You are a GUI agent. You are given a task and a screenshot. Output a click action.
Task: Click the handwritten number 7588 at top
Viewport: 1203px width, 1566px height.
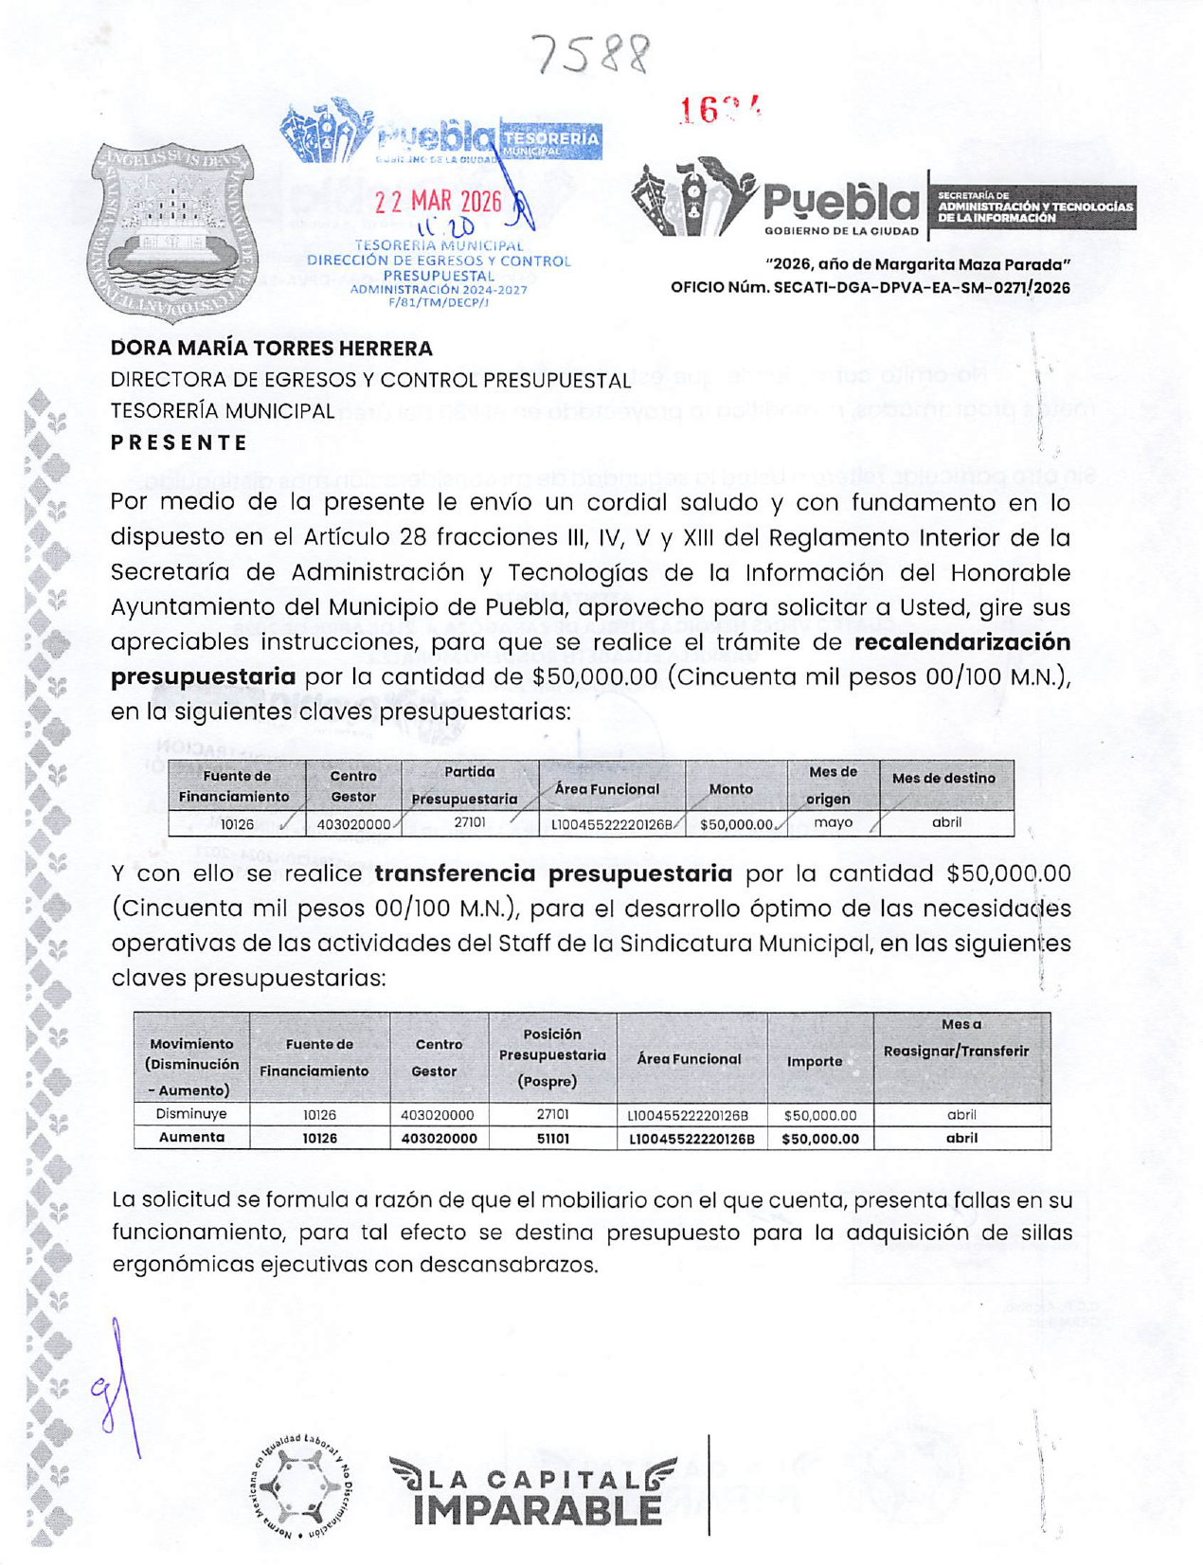591,54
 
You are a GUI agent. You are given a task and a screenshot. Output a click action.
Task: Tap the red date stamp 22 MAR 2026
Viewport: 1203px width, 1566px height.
438,202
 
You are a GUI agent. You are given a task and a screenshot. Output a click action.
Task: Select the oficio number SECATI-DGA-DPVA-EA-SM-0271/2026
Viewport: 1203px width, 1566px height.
870,288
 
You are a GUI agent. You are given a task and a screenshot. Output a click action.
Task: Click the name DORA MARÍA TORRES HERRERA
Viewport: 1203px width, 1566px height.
271,349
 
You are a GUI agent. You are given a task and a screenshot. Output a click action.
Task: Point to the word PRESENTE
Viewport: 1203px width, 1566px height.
179,442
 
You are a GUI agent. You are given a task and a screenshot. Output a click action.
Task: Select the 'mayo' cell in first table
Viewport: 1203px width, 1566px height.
833,822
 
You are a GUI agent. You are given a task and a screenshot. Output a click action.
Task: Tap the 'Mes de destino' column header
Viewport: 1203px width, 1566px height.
943,779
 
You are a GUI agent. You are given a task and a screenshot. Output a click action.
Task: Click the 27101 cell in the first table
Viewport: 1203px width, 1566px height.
470,822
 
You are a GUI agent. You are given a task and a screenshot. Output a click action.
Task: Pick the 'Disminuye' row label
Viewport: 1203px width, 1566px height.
191,1115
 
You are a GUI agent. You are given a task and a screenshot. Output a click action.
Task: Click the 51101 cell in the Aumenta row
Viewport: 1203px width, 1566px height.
552,1138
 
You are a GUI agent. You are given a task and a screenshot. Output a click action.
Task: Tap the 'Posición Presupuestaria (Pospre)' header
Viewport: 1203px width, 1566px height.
552,1056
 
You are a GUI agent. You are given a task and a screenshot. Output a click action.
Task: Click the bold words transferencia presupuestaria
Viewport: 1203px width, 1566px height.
553,873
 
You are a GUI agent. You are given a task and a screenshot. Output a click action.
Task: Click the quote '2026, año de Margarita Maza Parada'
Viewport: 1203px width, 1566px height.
917,264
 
